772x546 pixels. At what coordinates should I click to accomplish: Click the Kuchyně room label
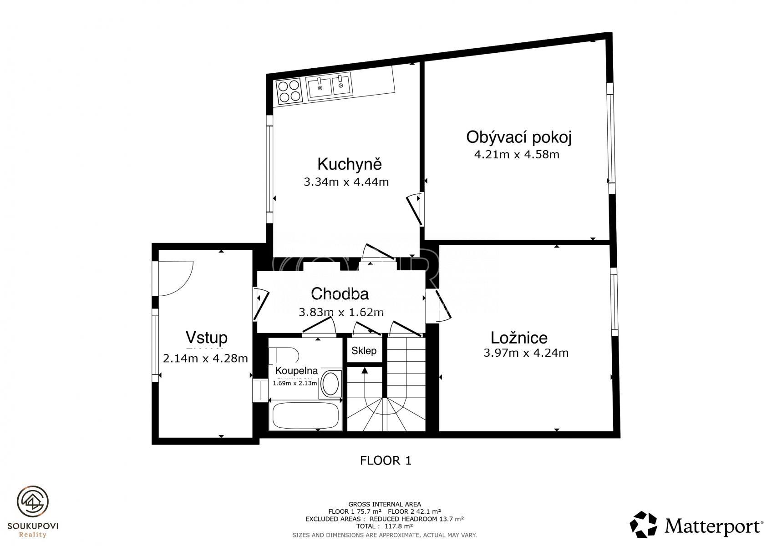(x=350, y=164)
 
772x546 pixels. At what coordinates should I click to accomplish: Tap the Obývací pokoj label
(x=519, y=137)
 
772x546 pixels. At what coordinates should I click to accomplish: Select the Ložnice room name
(x=519, y=338)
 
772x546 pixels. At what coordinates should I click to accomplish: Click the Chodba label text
(x=340, y=294)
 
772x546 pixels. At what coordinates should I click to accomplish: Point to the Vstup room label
(x=207, y=338)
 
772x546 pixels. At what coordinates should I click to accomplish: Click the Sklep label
(x=364, y=351)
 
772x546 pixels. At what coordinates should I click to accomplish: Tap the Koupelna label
(x=296, y=371)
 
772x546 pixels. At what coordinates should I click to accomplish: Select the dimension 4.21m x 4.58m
(x=517, y=155)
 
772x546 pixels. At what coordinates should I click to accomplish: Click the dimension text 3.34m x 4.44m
(x=346, y=182)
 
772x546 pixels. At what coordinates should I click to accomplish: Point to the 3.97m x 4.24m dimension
(x=526, y=353)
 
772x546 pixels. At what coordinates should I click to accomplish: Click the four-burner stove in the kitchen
(x=289, y=91)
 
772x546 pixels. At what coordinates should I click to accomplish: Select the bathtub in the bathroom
(x=305, y=415)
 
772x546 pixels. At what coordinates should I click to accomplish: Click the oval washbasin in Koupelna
(x=330, y=383)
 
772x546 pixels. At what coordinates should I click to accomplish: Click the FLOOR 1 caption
(x=386, y=460)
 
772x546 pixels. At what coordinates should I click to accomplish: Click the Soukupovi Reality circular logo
(x=33, y=501)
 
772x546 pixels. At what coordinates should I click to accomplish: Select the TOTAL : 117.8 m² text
(x=385, y=526)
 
